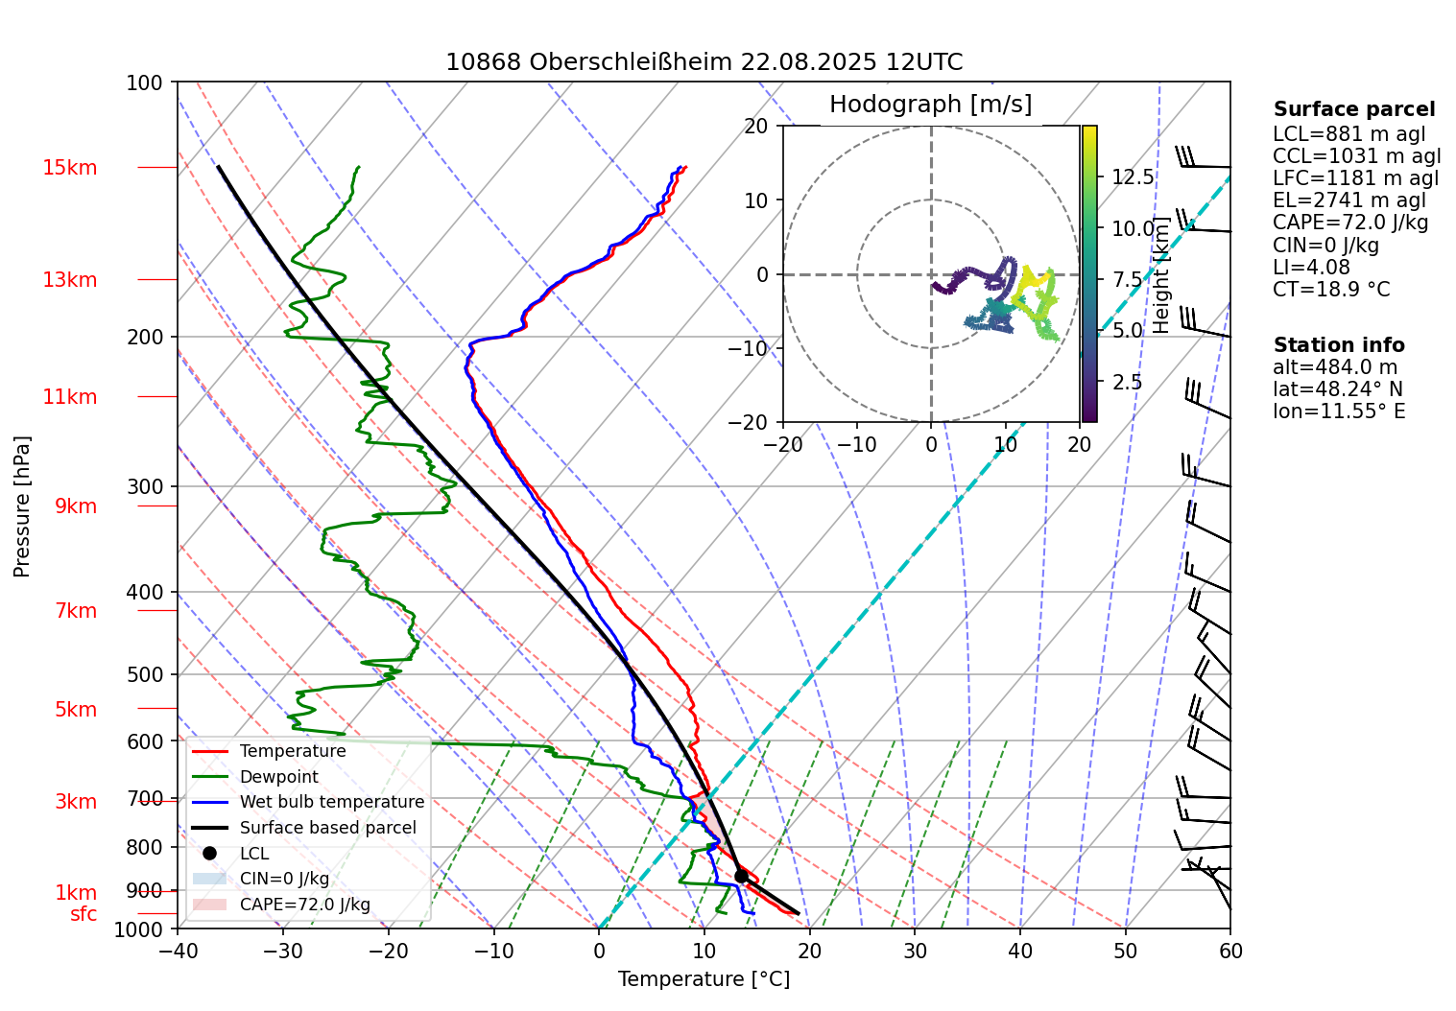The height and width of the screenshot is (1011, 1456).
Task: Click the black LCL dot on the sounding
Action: click(x=741, y=876)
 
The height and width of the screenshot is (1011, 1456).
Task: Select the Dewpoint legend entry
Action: click(x=278, y=777)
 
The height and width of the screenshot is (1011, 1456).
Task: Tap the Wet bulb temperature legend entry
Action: click(x=331, y=802)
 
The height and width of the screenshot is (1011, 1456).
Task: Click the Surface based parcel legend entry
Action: click(x=327, y=828)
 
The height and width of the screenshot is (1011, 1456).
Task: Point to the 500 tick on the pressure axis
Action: click(x=145, y=674)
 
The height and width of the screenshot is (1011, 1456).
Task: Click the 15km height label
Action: click(x=69, y=168)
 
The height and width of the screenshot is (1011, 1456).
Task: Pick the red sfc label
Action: click(x=84, y=914)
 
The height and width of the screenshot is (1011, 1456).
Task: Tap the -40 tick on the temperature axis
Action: click(x=178, y=951)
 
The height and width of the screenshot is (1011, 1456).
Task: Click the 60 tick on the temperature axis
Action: click(x=1230, y=951)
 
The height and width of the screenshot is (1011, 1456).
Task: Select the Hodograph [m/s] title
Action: click(x=930, y=105)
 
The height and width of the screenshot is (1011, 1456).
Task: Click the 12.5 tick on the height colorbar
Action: click(x=1133, y=177)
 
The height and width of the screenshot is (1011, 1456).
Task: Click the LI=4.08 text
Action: click(x=1311, y=268)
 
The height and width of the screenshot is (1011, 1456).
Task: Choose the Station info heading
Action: click(x=1339, y=345)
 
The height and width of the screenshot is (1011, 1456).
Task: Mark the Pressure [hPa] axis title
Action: click(x=22, y=506)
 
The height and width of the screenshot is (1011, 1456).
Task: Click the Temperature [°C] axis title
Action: click(x=704, y=979)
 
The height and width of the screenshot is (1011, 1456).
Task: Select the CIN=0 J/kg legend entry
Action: click(x=284, y=879)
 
